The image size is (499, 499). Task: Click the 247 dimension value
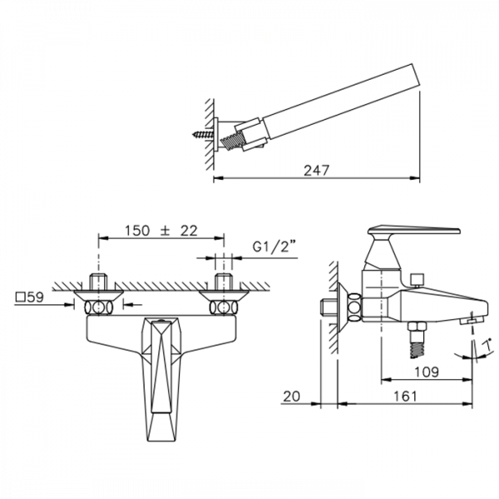[316, 170]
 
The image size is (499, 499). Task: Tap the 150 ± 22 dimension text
[161, 230]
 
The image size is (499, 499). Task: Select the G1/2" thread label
[274, 247]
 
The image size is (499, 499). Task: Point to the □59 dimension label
[30, 297]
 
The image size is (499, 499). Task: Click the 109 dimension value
[427, 372]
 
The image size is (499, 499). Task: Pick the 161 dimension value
[405, 396]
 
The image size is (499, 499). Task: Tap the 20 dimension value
[292, 396]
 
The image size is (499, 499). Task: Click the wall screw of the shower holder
[203, 134]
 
